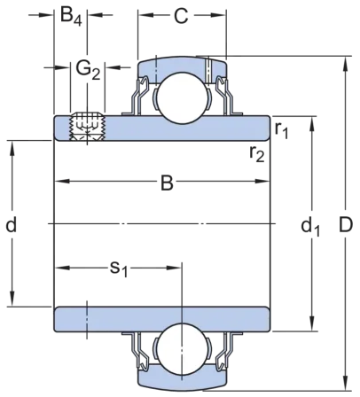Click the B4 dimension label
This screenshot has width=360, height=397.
[x=71, y=16]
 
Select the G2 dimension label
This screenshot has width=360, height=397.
[x=89, y=70]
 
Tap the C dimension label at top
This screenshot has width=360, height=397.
[x=181, y=16]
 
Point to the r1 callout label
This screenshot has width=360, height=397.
[x=281, y=129]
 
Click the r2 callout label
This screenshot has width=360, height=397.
[x=256, y=153]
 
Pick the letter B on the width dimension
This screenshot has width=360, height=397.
[x=167, y=183]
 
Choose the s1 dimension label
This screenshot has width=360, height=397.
[x=119, y=269]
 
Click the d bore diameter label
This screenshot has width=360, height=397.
[x=12, y=225]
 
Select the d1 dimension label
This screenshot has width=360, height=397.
[x=310, y=227]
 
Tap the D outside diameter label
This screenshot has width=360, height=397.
[x=346, y=225]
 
